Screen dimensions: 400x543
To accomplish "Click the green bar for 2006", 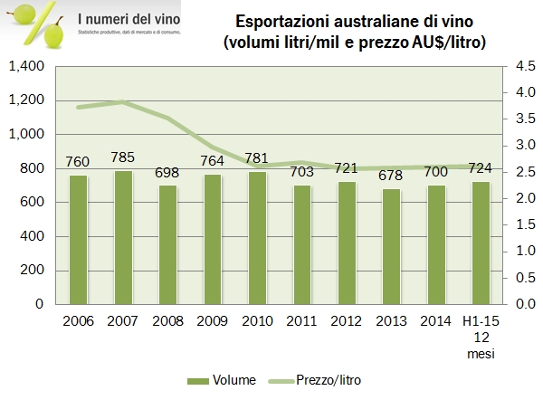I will point(79,239).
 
